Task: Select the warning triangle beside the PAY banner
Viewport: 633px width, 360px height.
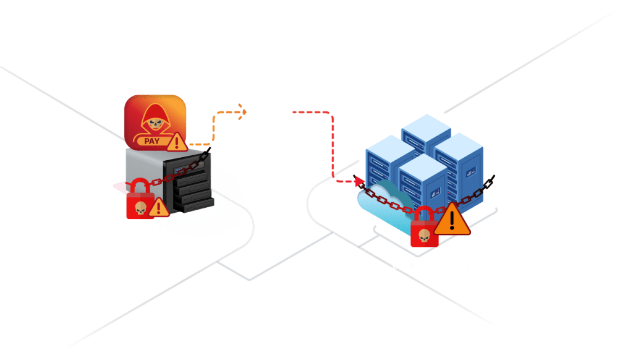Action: click(177, 143)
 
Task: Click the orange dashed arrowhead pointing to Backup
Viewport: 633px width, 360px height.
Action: click(242, 112)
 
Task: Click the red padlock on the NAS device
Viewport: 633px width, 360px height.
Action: click(140, 200)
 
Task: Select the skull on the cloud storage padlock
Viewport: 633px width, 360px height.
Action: click(423, 235)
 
